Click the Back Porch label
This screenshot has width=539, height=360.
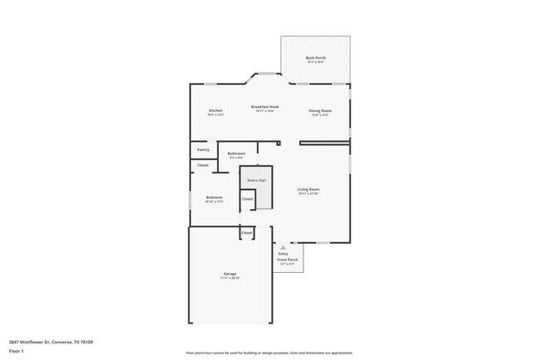click(315, 58)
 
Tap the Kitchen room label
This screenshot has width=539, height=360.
click(216, 111)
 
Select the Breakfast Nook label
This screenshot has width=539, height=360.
click(265, 107)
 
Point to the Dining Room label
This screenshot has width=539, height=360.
click(320, 111)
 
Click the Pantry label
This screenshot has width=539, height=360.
click(202, 150)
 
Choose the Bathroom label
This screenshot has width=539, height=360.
click(236, 153)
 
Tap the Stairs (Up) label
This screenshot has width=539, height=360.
click(256, 179)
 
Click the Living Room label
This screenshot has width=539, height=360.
click(308, 190)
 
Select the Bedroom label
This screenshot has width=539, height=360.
click(214, 197)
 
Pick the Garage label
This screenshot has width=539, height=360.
click(230, 275)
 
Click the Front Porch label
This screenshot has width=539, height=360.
click(287, 260)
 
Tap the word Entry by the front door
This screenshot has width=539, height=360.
click(283, 253)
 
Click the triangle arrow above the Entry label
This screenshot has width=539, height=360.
click(283, 246)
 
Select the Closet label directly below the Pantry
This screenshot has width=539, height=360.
click(202, 166)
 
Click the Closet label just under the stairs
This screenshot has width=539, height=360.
click(247, 199)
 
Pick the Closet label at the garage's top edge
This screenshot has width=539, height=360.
click(246, 233)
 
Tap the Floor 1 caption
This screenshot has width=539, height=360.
click(16, 351)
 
